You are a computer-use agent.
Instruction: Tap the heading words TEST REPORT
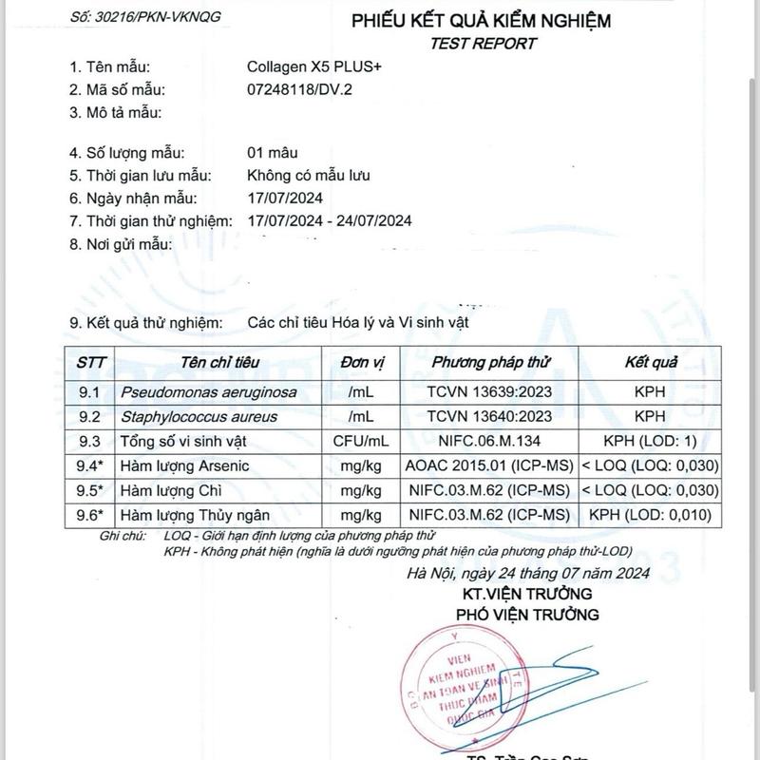483,43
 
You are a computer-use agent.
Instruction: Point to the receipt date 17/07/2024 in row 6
285,199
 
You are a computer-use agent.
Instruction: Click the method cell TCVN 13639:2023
489,391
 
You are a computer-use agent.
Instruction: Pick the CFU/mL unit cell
361,441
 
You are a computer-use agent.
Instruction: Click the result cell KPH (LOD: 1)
650,441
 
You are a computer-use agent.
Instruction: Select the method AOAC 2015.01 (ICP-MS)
487,465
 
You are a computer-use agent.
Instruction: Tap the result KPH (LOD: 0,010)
650,515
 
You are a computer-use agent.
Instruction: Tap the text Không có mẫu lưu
308,176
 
